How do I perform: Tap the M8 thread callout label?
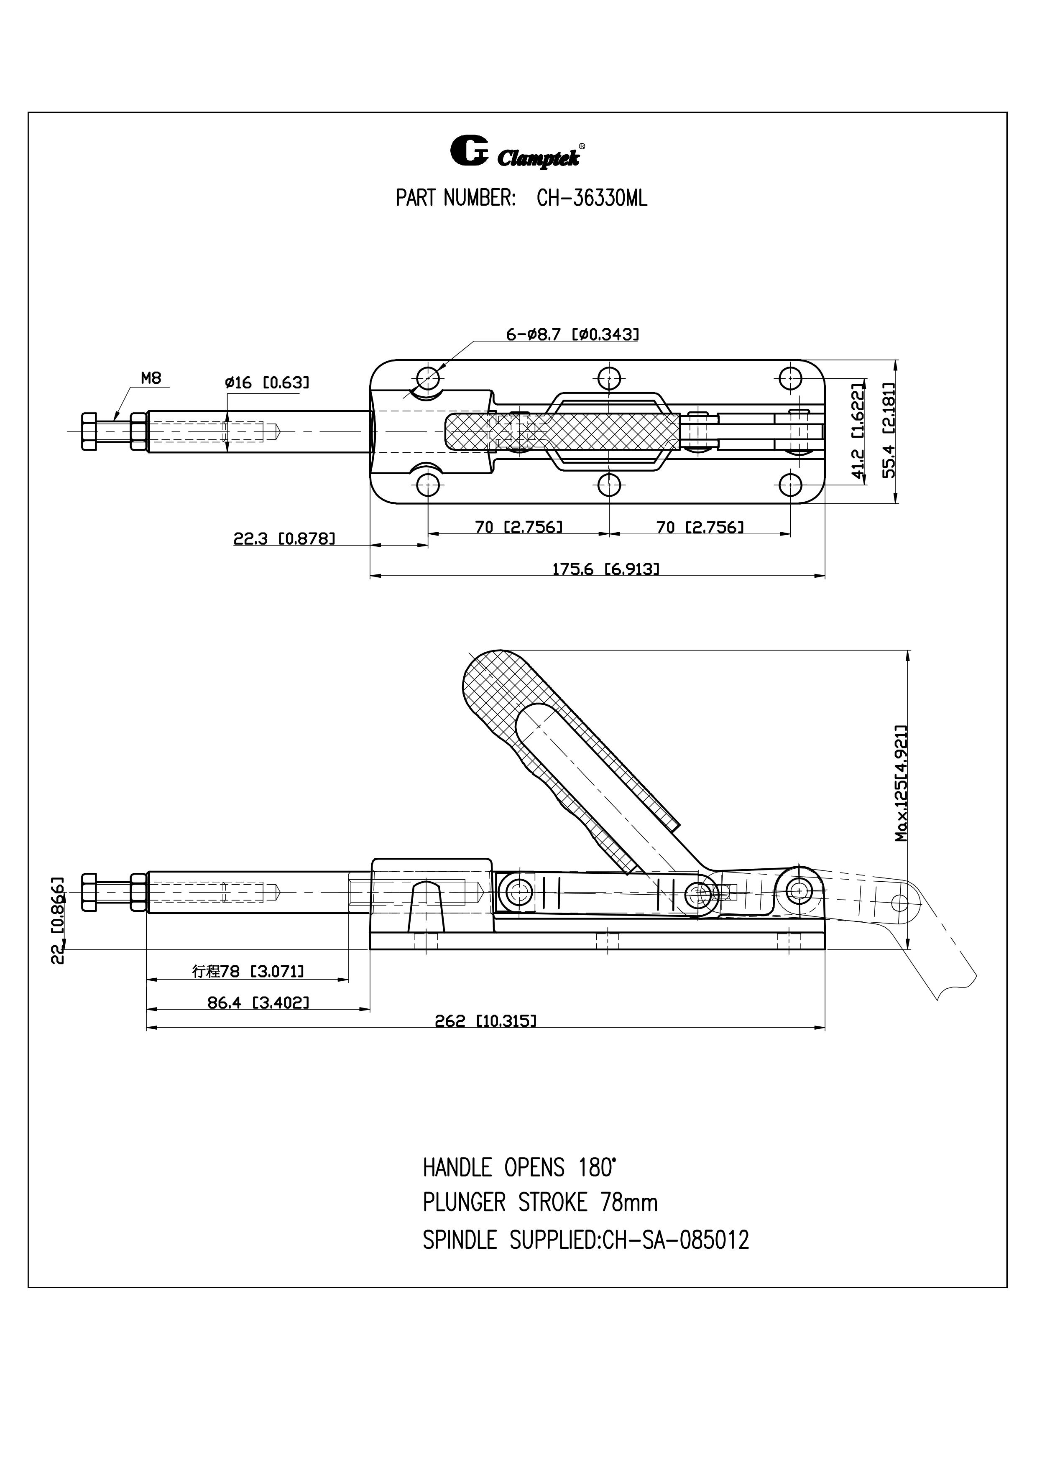151,378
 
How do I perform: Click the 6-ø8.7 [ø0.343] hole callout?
572,334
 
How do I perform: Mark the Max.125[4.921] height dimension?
901,783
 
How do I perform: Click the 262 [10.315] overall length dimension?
485,1021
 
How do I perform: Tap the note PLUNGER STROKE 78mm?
540,1203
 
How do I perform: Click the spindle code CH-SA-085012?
675,1240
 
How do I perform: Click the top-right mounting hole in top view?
792,378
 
